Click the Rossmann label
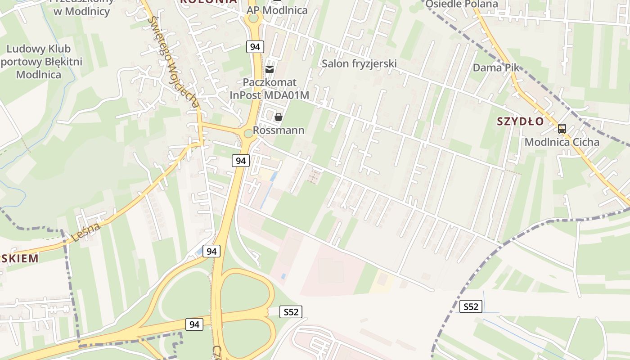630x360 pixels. tap(279, 130)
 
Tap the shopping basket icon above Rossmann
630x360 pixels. tap(279, 117)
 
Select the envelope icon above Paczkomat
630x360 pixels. tap(270, 69)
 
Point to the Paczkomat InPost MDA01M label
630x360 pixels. tap(270, 89)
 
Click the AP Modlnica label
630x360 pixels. tap(277, 10)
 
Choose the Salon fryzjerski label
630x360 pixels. tap(359, 63)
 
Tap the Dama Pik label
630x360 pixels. tap(496, 67)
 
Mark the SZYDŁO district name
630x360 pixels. tap(521, 121)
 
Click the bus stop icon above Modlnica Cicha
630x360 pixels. tap(562, 129)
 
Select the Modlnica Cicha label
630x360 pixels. tap(562, 142)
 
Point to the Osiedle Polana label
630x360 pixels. tap(462, 4)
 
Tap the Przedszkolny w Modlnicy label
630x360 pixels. tap(81, 8)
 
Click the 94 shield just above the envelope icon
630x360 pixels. tap(255, 46)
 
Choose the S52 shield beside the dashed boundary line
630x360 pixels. tap(471, 307)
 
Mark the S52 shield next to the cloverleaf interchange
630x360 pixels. tap(291, 312)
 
